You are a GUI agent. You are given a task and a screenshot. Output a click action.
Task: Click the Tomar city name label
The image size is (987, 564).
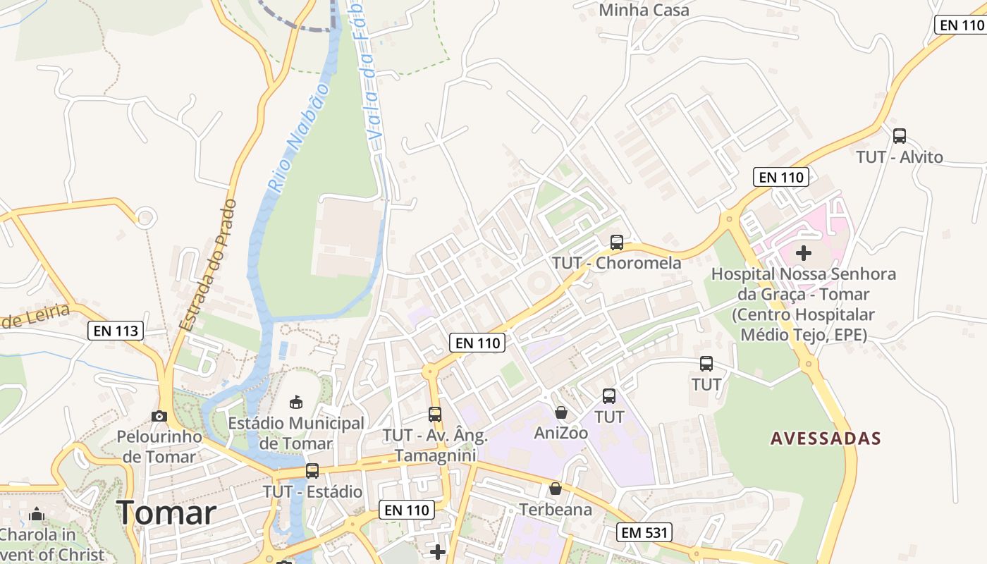[x=167, y=513]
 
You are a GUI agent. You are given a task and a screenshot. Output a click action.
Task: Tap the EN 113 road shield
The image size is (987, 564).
[x=116, y=330]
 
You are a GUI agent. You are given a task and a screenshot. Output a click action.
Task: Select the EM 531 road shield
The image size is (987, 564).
[x=644, y=532]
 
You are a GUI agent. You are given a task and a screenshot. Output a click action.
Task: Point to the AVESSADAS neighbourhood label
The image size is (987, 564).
[x=826, y=439]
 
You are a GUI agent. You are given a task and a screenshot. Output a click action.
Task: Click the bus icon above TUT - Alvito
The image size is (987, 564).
[x=900, y=136]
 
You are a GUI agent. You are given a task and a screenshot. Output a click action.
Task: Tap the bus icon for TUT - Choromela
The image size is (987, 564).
[x=617, y=243]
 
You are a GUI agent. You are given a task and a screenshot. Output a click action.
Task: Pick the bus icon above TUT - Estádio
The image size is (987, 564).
[x=312, y=470]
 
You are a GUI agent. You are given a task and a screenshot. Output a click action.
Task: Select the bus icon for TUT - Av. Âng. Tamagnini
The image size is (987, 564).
[x=435, y=415]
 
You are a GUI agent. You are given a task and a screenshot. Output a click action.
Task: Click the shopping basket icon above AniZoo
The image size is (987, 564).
[x=561, y=412]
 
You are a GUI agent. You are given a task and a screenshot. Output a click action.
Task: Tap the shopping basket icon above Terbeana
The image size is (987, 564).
[x=556, y=488]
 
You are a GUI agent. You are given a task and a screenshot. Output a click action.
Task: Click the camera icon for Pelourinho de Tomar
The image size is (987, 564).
[x=159, y=416]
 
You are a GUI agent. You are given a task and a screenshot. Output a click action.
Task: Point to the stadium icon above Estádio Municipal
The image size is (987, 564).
[x=296, y=402]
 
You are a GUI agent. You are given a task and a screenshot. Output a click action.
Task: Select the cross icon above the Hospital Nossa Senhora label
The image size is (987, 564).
[x=804, y=252]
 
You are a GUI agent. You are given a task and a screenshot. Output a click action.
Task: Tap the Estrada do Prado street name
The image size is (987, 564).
[x=209, y=265]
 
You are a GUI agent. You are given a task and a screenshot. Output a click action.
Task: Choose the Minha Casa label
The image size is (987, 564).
[x=644, y=11]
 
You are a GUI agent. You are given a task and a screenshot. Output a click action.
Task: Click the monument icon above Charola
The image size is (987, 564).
[x=37, y=514]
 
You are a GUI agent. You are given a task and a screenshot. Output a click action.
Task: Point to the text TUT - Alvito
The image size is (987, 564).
[x=900, y=157]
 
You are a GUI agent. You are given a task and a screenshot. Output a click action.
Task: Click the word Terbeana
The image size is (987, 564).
[x=556, y=509]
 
